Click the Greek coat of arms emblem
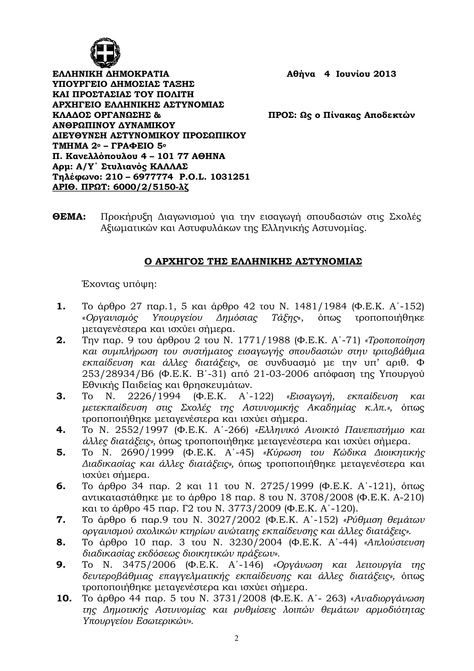[x=106, y=53]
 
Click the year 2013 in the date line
[x=385, y=74]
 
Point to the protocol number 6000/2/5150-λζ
[x=151, y=187]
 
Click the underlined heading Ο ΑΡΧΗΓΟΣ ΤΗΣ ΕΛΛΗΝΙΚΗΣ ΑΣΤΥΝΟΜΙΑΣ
[x=253, y=261]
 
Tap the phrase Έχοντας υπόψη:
[x=119, y=284]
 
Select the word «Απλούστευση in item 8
[x=395, y=542]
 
